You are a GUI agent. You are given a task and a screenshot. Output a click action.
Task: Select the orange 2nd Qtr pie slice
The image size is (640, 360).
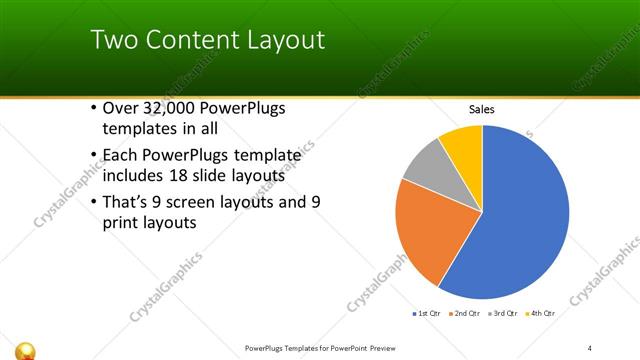(x=425, y=230)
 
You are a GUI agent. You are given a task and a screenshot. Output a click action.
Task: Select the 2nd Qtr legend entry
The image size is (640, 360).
(x=467, y=314)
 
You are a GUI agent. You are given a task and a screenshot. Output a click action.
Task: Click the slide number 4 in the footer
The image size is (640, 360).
(x=590, y=348)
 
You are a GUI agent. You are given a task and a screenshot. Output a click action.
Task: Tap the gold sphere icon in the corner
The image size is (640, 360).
(x=27, y=349)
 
